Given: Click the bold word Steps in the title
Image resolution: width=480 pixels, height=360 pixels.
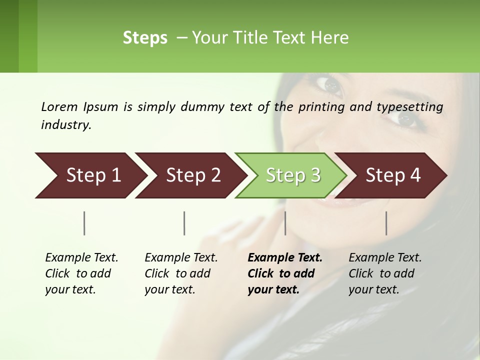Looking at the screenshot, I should click(145, 38).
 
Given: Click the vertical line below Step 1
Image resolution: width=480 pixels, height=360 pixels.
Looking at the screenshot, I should click(84, 223).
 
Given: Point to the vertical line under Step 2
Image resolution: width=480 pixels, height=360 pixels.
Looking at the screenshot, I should click(184, 223).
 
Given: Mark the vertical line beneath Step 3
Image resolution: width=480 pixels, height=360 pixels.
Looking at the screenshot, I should click(285, 223).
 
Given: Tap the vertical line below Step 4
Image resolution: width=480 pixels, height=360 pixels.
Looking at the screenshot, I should click(386, 223).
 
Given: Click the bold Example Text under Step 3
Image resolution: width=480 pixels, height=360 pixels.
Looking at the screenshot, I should click(285, 257).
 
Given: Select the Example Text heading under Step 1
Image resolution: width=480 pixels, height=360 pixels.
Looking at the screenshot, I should click(81, 257).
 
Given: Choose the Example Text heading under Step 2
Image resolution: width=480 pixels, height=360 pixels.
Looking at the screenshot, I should click(181, 257).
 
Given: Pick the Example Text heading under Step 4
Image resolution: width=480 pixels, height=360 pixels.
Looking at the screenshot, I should click(385, 257).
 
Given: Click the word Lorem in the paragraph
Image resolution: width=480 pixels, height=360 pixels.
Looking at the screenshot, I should click(59, 106).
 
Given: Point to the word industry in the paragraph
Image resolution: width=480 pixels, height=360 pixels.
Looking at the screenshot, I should click(66, 125).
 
